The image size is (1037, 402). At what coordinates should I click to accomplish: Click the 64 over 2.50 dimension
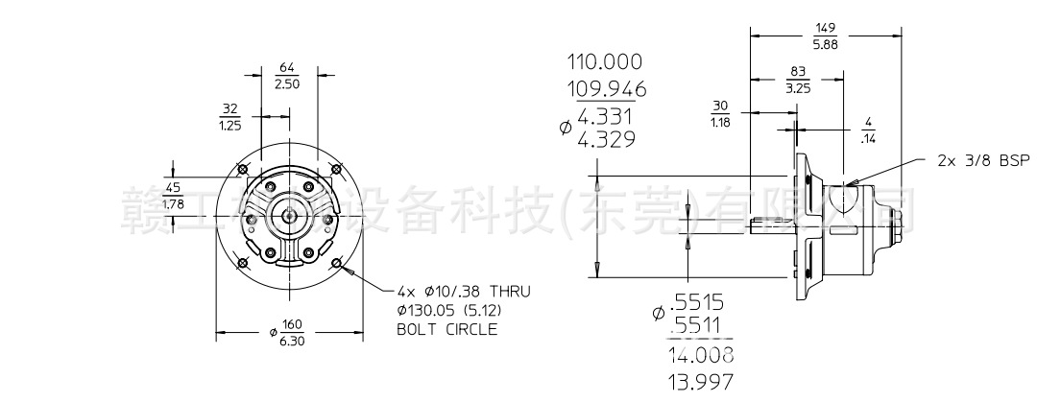click(286, 77)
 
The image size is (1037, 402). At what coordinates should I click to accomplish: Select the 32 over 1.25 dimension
click(229, 116)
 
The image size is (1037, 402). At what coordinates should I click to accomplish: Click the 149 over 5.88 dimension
click(825, 36)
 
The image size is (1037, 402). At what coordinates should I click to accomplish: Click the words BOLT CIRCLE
click(446, 328)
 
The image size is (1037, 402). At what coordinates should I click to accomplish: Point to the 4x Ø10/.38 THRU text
click(463, 291)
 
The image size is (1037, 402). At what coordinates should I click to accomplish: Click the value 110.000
click(604, 62)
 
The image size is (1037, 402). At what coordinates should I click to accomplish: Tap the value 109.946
click(606, 91)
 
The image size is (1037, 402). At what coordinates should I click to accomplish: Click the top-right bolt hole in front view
click(335, 170)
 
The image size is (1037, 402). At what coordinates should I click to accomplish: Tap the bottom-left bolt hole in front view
click(242, 263)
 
